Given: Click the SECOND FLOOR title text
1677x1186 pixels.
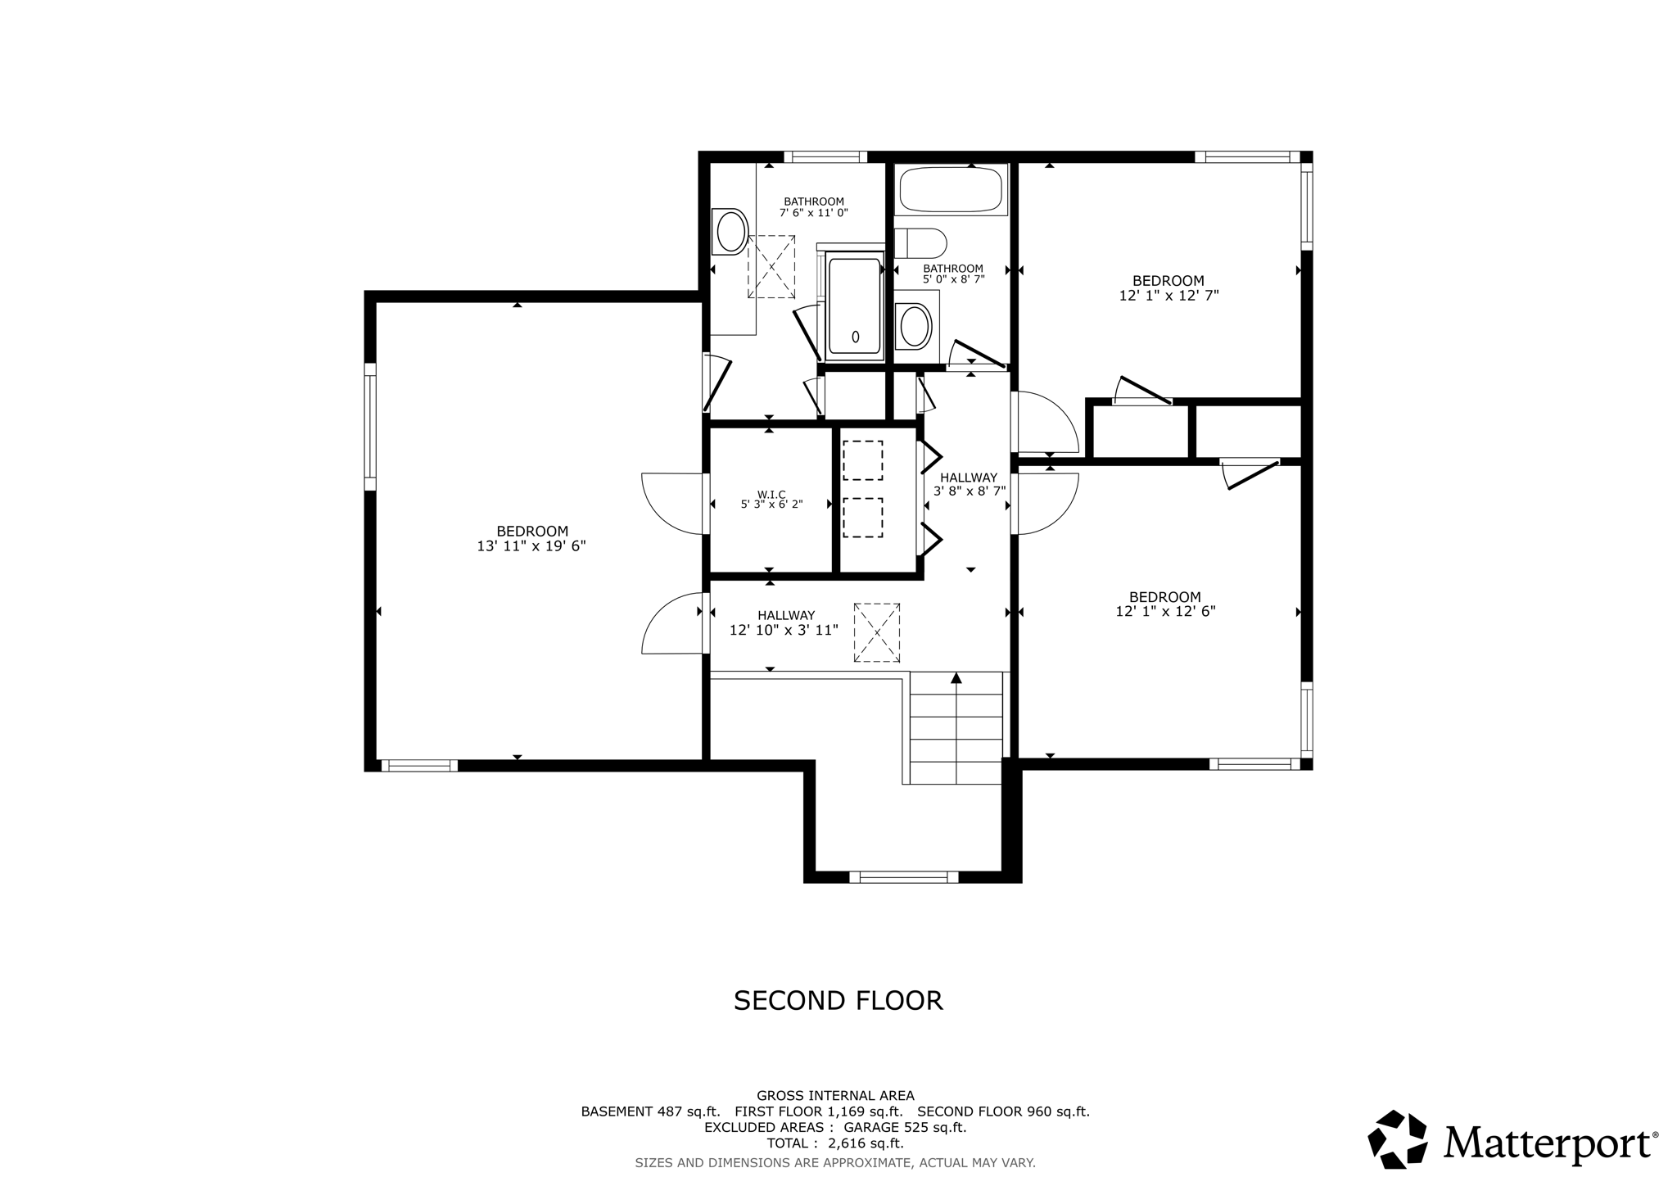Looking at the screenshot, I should coord(838,1001).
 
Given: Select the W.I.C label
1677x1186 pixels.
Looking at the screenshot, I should coord(771,494).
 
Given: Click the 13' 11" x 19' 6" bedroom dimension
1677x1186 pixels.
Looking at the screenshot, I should coord(531,546).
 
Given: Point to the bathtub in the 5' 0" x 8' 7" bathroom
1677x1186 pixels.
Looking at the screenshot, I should coord(951,189).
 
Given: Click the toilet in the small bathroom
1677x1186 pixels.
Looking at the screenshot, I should coord(921,243).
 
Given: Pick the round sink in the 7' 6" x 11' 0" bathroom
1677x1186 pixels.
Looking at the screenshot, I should coord(730,230).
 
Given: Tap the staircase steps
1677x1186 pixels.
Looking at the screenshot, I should coord(956,728).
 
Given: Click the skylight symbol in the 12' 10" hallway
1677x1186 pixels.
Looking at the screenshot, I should coord(877,632).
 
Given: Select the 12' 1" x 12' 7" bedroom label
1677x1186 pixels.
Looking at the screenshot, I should coord(1168,288).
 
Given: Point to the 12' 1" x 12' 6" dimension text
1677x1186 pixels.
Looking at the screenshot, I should coord(1165,612).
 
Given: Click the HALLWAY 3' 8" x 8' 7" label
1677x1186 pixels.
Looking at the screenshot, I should coord(970,484).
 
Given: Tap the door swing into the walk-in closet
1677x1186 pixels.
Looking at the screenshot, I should coord(673,502).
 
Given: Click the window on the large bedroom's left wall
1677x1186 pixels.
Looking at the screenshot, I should coord(370,426).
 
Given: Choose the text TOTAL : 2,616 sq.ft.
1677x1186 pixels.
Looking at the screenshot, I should coord(834,1143).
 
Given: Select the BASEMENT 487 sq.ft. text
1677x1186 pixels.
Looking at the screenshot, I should coord(650,1111).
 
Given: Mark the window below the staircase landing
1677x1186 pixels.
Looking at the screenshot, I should coord(903,877).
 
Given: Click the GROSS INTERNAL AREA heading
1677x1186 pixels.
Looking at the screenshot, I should coord(835,1096).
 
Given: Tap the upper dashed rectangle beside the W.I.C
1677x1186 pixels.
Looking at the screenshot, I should coord(862,460).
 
